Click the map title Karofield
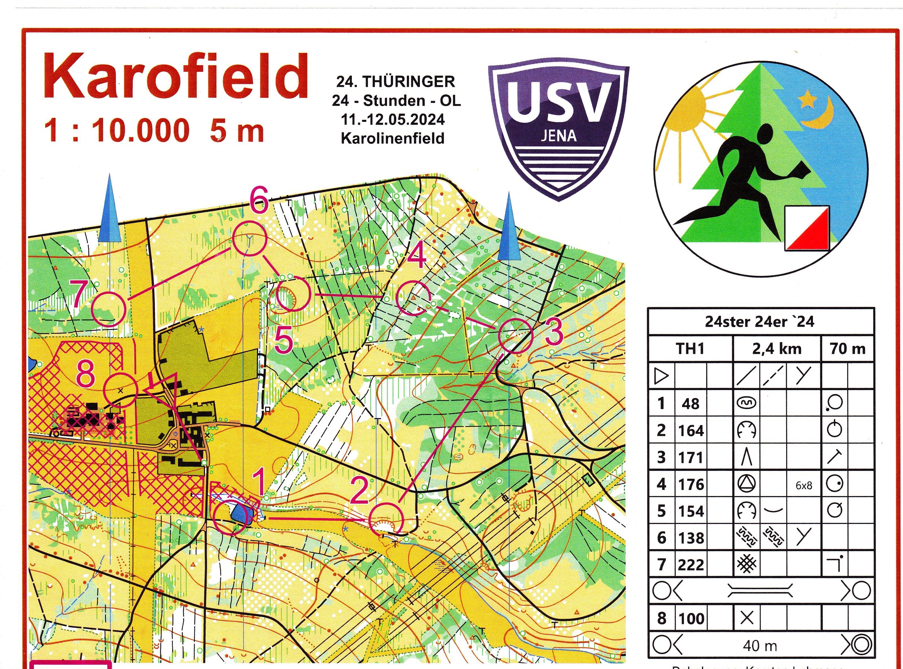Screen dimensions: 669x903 (175, 77)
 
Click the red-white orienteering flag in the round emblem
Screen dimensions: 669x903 (807, 228)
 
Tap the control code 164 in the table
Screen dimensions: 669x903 (691, 430)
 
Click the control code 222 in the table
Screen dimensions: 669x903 (691, 564)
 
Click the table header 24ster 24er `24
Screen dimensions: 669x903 (759, 322)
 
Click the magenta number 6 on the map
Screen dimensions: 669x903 (259, 200)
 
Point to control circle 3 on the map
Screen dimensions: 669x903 (515, 335)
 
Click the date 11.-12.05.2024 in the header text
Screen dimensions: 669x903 (393, 120)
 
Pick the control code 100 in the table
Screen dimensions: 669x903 (691, 618)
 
